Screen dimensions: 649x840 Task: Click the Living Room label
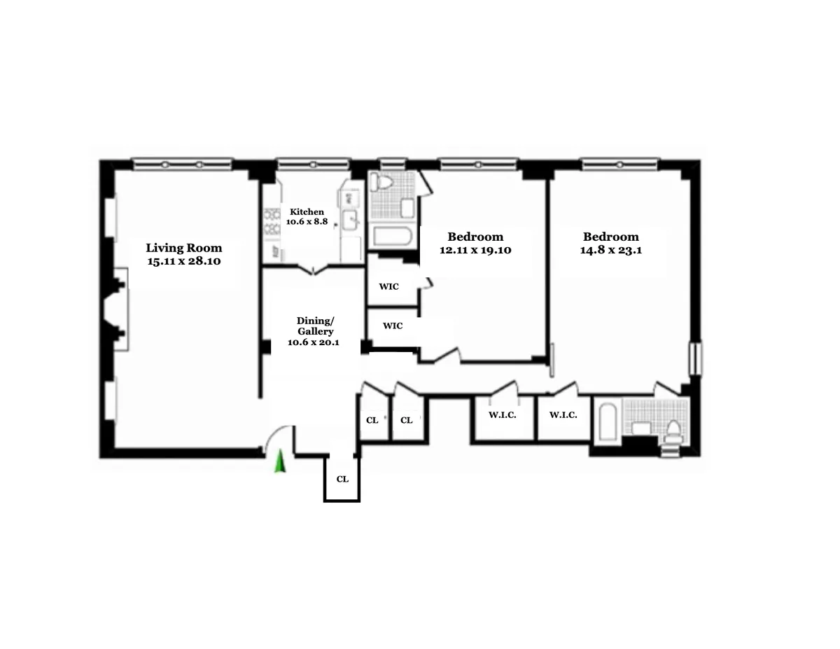coord(183,248)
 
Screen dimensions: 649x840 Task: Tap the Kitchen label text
coord(307,211)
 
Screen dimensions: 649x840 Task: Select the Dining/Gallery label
coord(315,326)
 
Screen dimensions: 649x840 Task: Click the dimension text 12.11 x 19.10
coord(476,250)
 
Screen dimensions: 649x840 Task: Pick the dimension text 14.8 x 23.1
coord(610,250)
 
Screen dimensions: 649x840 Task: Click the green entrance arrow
coord(280,462)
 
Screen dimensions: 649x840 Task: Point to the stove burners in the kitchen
coord(270,223)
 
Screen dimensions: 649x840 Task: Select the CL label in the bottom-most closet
coord(342,480)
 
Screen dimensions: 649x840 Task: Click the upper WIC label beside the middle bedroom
coord(389,286)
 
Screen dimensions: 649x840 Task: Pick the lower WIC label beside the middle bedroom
coord(393,326)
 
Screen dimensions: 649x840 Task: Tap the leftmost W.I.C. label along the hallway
coord(502,415)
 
